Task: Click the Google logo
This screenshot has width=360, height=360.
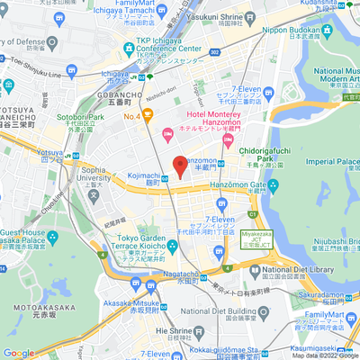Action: point(19,353)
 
